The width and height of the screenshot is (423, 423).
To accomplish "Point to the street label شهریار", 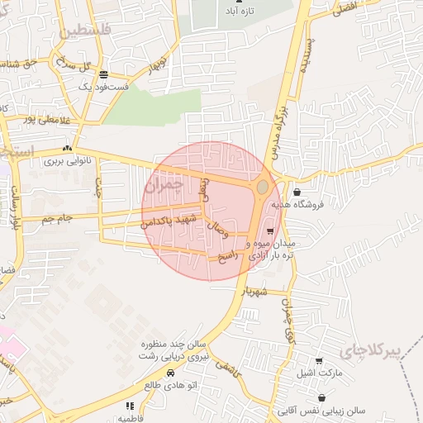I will [254, 291].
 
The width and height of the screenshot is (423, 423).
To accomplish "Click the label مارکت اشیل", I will [315, 373].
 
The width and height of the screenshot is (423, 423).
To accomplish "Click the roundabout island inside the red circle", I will [263, 188].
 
